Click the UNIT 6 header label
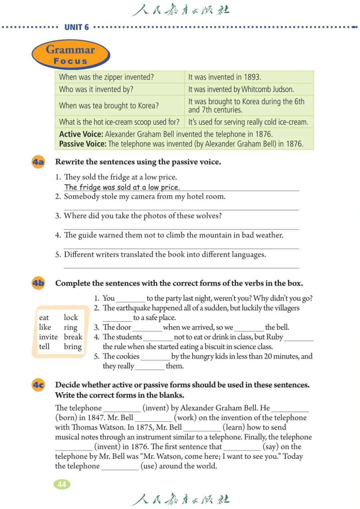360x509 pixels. point(76,27)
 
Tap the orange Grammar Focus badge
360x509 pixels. point(71,55)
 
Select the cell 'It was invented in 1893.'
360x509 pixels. point(224,77)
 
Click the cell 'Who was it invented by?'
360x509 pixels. point(96,89)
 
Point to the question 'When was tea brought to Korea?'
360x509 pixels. point(109,105)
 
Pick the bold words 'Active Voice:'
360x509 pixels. point(81,134)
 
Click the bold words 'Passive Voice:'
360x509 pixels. point(83,144)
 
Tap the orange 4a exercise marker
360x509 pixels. point(38,162)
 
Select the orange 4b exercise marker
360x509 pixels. point(38,283)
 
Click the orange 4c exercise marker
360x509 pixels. point(38,385)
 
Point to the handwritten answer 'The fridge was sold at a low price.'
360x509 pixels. point(122,187)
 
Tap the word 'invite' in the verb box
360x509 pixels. point(48,337)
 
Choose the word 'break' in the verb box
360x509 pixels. point(73,337)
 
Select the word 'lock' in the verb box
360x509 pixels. point(71,318)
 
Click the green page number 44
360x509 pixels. point(62,484)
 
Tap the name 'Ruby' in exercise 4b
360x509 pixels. point(274,337)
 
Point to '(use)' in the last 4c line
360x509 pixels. point(148,466)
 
